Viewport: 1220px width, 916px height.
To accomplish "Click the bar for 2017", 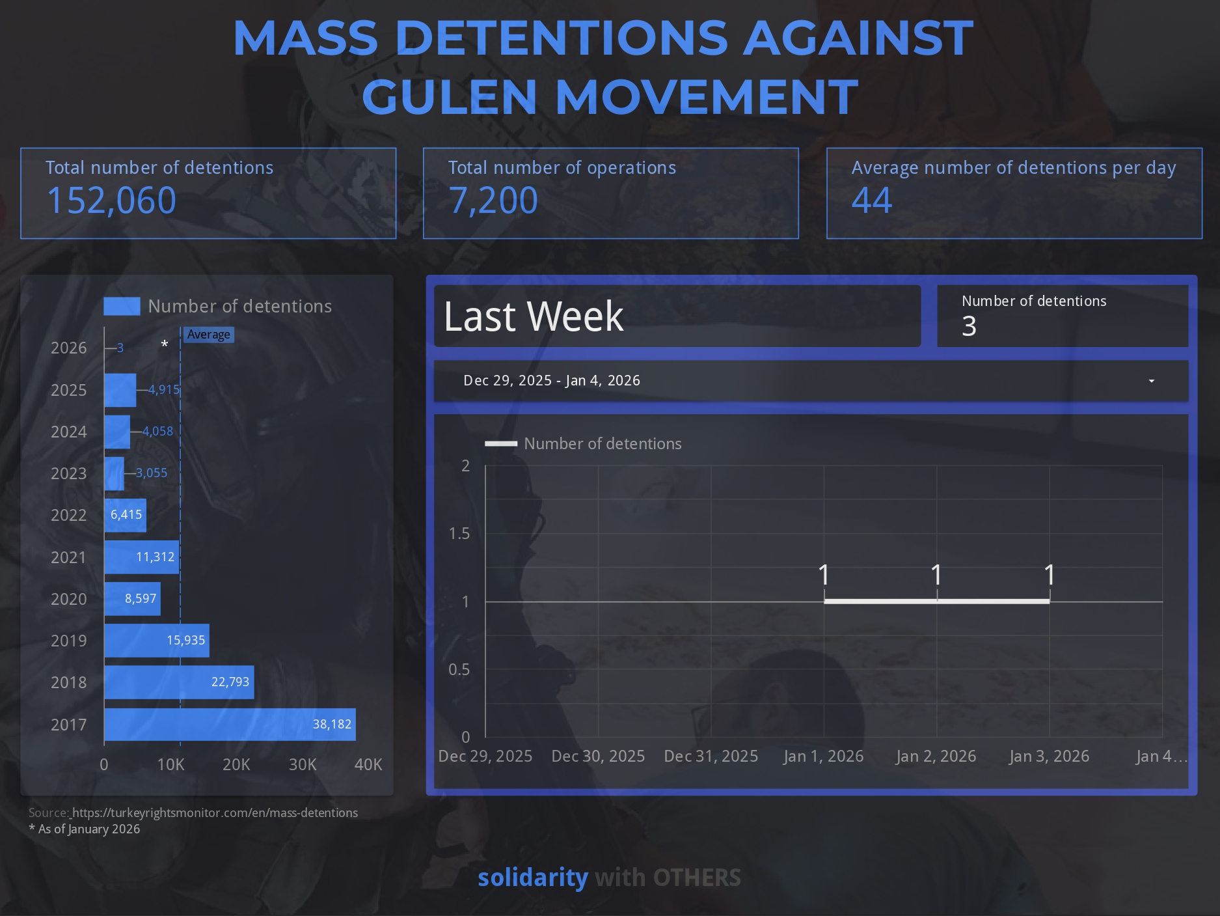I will coord(230,725).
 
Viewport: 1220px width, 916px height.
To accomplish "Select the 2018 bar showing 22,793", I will coord(179,682).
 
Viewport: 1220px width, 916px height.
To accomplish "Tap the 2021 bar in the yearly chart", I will coord(141,557).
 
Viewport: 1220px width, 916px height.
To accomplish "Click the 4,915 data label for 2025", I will coord(163,390).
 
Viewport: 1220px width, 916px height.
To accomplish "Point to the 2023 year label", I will coord(68,473).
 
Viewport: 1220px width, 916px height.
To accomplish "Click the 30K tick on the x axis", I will coord(302,764).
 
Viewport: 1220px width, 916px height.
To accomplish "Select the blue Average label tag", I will coord(208,335).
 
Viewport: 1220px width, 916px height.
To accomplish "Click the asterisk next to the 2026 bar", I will coord(165,344).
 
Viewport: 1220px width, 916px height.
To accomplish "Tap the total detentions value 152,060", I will coord(111,201).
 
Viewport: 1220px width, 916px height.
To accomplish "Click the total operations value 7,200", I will coord(493,201).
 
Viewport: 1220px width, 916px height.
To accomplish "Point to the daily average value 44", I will coord(871,201).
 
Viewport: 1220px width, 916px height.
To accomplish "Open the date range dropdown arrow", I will coord(1151,381).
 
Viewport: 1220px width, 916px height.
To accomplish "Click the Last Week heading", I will coord(534,317).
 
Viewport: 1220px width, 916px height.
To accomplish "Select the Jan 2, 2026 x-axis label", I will coord(936,756).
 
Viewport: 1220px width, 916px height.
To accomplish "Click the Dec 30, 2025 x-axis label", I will coord(598,756).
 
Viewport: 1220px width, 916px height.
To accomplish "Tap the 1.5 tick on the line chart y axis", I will coord(459,534).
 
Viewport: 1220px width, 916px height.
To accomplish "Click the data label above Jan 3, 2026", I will coord(1049,575).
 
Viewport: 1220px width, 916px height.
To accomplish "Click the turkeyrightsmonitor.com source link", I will coord(215,813).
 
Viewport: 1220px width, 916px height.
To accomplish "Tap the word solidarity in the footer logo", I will coord(533,878).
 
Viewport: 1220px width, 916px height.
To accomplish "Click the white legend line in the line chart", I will coord(501,444).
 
